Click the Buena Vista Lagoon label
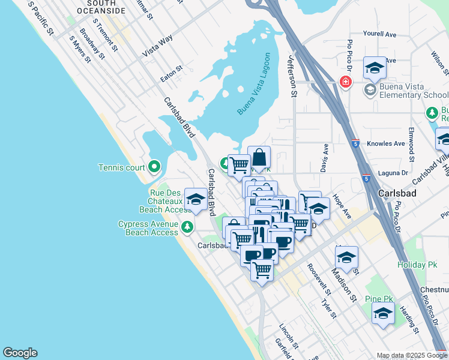click(254, 85)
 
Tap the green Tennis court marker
click(154, 166)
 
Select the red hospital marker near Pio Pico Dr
click(345, 82)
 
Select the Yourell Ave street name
click(380, 35)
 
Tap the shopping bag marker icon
click(259, 158)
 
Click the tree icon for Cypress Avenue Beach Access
click(187, 226)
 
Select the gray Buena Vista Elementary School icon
click(370, 90)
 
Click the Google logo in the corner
click(20, 353)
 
